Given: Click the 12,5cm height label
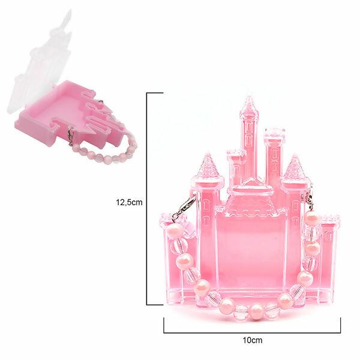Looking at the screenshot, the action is click(x=129, y=202).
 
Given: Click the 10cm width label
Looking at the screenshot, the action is click(x=253, y=340).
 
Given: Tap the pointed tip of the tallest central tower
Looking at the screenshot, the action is click(x=248, y=97).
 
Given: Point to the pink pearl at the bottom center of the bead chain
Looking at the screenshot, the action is click(x=256, y=311).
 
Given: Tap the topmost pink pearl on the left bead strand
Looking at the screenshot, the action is click(x=175, y=230).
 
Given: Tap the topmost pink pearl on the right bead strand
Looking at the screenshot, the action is click(x=312, y=218).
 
